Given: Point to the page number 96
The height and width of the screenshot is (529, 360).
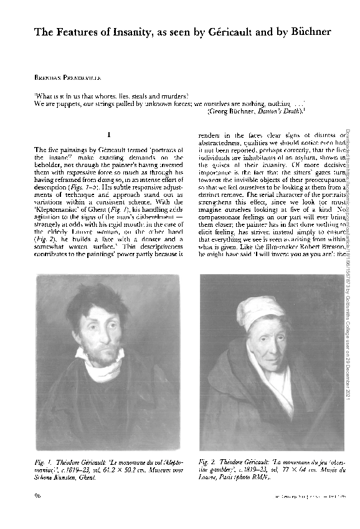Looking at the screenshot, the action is click(x=39, y=496).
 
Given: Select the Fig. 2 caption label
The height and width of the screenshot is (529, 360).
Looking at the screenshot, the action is click(x=209, y=462).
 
